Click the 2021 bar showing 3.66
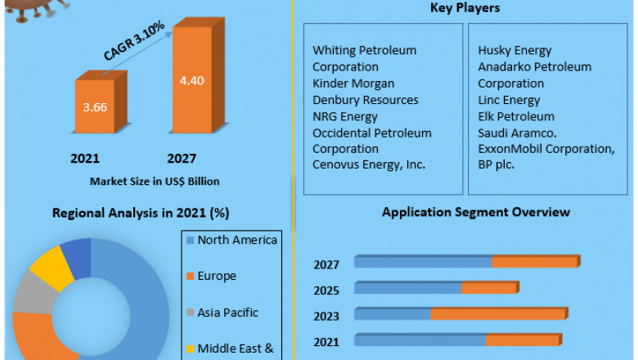(95, 106)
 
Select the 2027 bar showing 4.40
(191, 82)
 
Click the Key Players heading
(464, 8)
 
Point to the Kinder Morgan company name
(353, 83)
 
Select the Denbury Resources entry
(365, 100)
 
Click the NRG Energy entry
(345, 116)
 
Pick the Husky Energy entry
(514, 51)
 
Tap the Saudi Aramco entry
(517, 133)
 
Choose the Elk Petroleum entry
(516, 116)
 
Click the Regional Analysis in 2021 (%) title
(141, 213)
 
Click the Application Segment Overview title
(476, 212)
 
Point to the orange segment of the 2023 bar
(497, 313)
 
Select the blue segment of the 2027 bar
(422, 262)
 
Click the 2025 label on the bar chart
(326, 290)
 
